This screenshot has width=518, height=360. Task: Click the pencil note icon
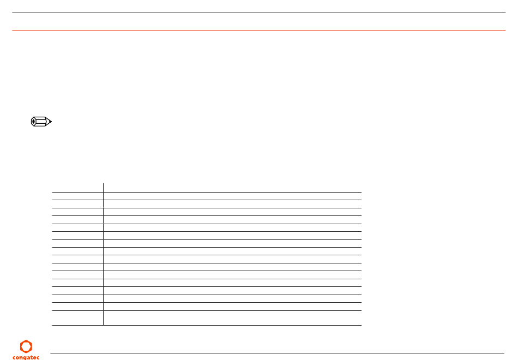(41, 122)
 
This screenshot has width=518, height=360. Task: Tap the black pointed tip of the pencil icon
(50, 122)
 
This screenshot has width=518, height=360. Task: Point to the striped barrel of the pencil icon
(41, 122)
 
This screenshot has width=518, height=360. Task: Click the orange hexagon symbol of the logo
(26, 346)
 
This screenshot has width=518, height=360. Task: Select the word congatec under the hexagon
(26, 357)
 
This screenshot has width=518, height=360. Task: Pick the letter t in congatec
(32, 357)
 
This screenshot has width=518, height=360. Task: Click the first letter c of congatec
(14, 357)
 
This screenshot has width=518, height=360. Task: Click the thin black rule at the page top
(259, 13)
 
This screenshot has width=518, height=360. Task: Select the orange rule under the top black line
(259, 30)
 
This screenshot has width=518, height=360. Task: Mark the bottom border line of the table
(207, 325)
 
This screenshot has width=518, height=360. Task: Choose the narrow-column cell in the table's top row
(77, 187)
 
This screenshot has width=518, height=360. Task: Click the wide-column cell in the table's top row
(232, 187)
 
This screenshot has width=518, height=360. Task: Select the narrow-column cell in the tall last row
(77, 318)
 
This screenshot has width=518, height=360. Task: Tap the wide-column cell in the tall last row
(232, 318)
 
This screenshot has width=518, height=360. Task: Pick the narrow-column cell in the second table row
(77, 196)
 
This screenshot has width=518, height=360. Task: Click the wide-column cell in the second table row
(232, 196)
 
